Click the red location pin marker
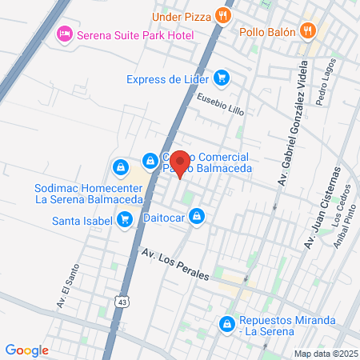(x=181, y=163)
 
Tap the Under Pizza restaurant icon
(x=226, y=14)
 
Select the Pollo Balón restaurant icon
(x=307, y=32)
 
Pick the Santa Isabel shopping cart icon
(x=124, y=219)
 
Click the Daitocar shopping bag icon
(x=197, y=217)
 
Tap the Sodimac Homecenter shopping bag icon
(x=120, y=167)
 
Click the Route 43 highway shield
(x=122, y=301)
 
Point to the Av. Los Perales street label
(x=175, y=265)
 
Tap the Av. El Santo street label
(x=69, y=286)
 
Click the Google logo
(x=26, y=350)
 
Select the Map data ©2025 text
(x=324, y=354)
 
